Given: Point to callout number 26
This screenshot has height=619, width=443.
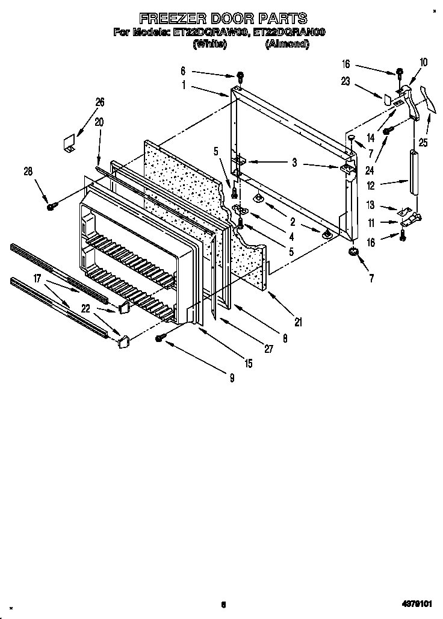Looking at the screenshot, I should (100, 102).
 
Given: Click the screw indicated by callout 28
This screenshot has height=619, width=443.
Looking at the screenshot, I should (51, 207).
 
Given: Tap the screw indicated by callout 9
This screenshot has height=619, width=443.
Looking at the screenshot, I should (160, 338).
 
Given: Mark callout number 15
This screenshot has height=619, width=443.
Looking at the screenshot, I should (248, 362).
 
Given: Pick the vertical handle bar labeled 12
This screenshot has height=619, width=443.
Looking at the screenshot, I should (414, 172).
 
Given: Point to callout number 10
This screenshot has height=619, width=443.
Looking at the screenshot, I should (423, 61).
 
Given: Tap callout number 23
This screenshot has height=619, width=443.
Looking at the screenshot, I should (345, 82).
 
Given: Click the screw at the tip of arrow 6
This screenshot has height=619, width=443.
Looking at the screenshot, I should (240, 76).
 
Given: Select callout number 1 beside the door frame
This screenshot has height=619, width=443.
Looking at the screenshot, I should (184, 85).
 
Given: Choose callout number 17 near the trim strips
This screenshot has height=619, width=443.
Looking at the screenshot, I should (37, 278).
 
